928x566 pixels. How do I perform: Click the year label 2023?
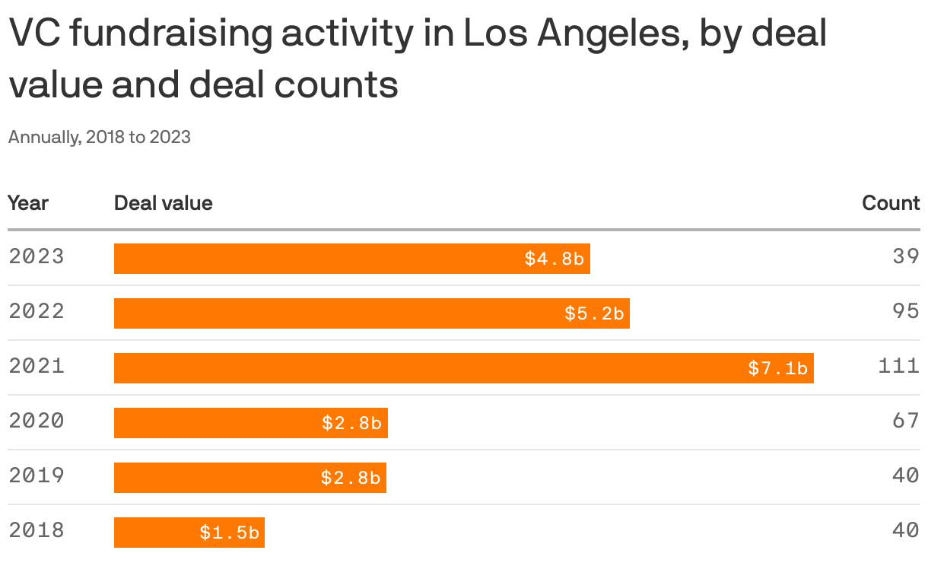pyautogui.click(x=37, y=256)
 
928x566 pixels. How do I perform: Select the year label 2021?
pyautogui.click(x=37, y=366)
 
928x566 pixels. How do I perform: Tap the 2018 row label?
pyautogui.click(x=37, y=530)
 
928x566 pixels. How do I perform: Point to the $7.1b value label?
pyautogui.click(x=777, y=369)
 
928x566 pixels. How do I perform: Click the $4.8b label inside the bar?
pyautogui.click(x=554, y=259)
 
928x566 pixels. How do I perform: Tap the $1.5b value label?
pyautogui.click(x=229, y=533)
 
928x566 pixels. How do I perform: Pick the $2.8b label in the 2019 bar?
pyautogui.click(x=350, y=479)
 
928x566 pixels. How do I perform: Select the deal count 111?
pyautogui.click(x=898, y=366)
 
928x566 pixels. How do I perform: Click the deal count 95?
pyautogui.click(x=906, y=311)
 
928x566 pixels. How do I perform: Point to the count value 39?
pyautogui.click(x=906, y=256)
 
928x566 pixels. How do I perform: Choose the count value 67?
pyautogui.click(x=906, y=421)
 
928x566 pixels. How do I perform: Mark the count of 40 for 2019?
pyautogui.click(x=906, y=475)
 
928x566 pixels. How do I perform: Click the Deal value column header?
pyautogui.click(x=163, y=203)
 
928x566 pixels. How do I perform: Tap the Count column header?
pyautogui.click(x=891, y=203)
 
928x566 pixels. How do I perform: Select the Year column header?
pyautogui.click(x=28, y=203)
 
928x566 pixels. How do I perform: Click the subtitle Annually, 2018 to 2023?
pyautogui.click(x=99, y=137)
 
